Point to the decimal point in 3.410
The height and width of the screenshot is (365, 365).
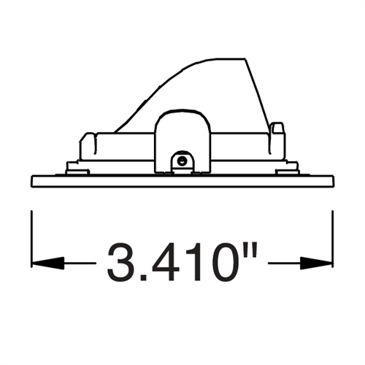point(145,278)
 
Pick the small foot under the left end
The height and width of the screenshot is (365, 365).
point(77,169)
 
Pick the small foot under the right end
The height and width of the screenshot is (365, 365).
point(287,169)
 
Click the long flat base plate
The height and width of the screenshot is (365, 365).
point(182,180)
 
